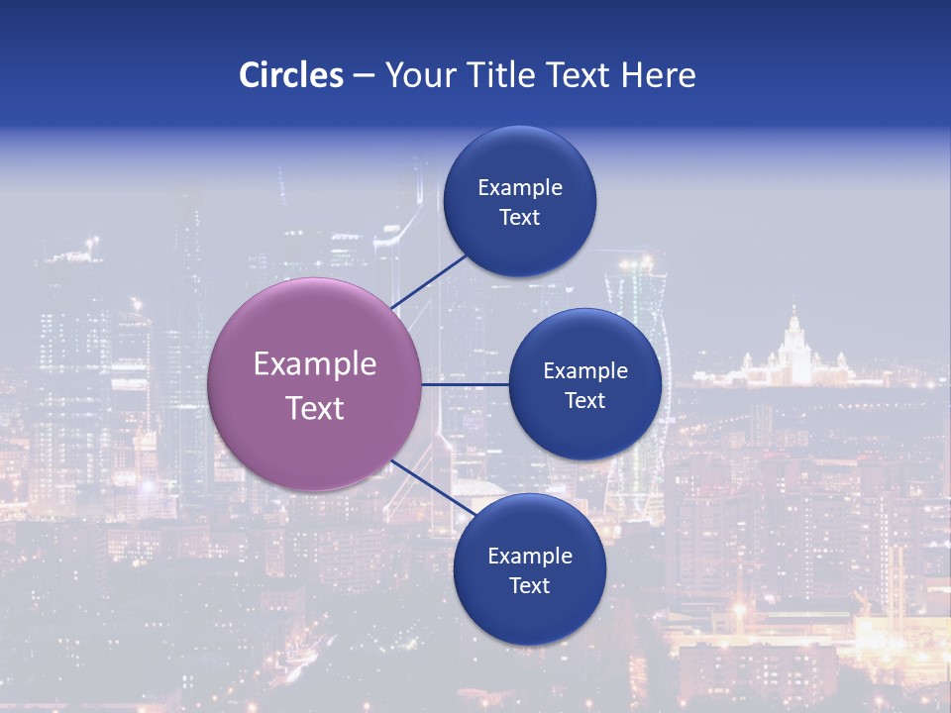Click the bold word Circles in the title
pos(291,75)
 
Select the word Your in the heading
pos(419,75)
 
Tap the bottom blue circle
pos(529,614)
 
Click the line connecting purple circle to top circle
pos(428,281)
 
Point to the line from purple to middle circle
pos(466,384)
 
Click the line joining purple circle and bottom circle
pos(434,488)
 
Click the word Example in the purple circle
pos(315,364)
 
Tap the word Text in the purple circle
pos(315,408)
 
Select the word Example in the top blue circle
pos(520,188)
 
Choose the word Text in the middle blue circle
pos(585,401)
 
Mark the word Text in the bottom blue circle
pos(529,586)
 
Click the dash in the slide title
pos(364,76)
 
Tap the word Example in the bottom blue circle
pos(529,557)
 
